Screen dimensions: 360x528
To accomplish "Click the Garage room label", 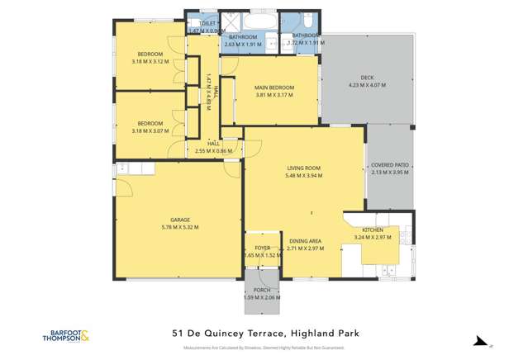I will pyautogui.click(x=179, y=220).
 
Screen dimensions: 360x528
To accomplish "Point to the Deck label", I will pyautogui.click(x=367, y=78).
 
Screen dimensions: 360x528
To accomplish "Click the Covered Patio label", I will pyautogui.click(x=390, y=165).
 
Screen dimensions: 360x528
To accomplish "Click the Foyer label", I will pyautogui.click(x=262, y=248).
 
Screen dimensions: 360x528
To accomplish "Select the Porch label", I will pyautogui.click(x=262, y=290).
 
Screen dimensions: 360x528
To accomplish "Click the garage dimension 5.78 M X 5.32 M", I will pyautogui.click(x=179, y=227).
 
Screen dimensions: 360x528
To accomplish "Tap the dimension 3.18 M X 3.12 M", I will pyautogui.click(x=150, y=61).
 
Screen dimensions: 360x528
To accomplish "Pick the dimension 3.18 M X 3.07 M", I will pyautogui.click(x=150, y=130).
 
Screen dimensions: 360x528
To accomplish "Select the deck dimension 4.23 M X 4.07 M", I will pyautogui.click(x=367, y=85).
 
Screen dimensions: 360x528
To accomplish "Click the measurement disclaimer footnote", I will pyautogui.click(x=264, y=348).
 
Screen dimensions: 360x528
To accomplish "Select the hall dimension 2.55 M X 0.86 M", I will pyautogui.click(x=213, y=151).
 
